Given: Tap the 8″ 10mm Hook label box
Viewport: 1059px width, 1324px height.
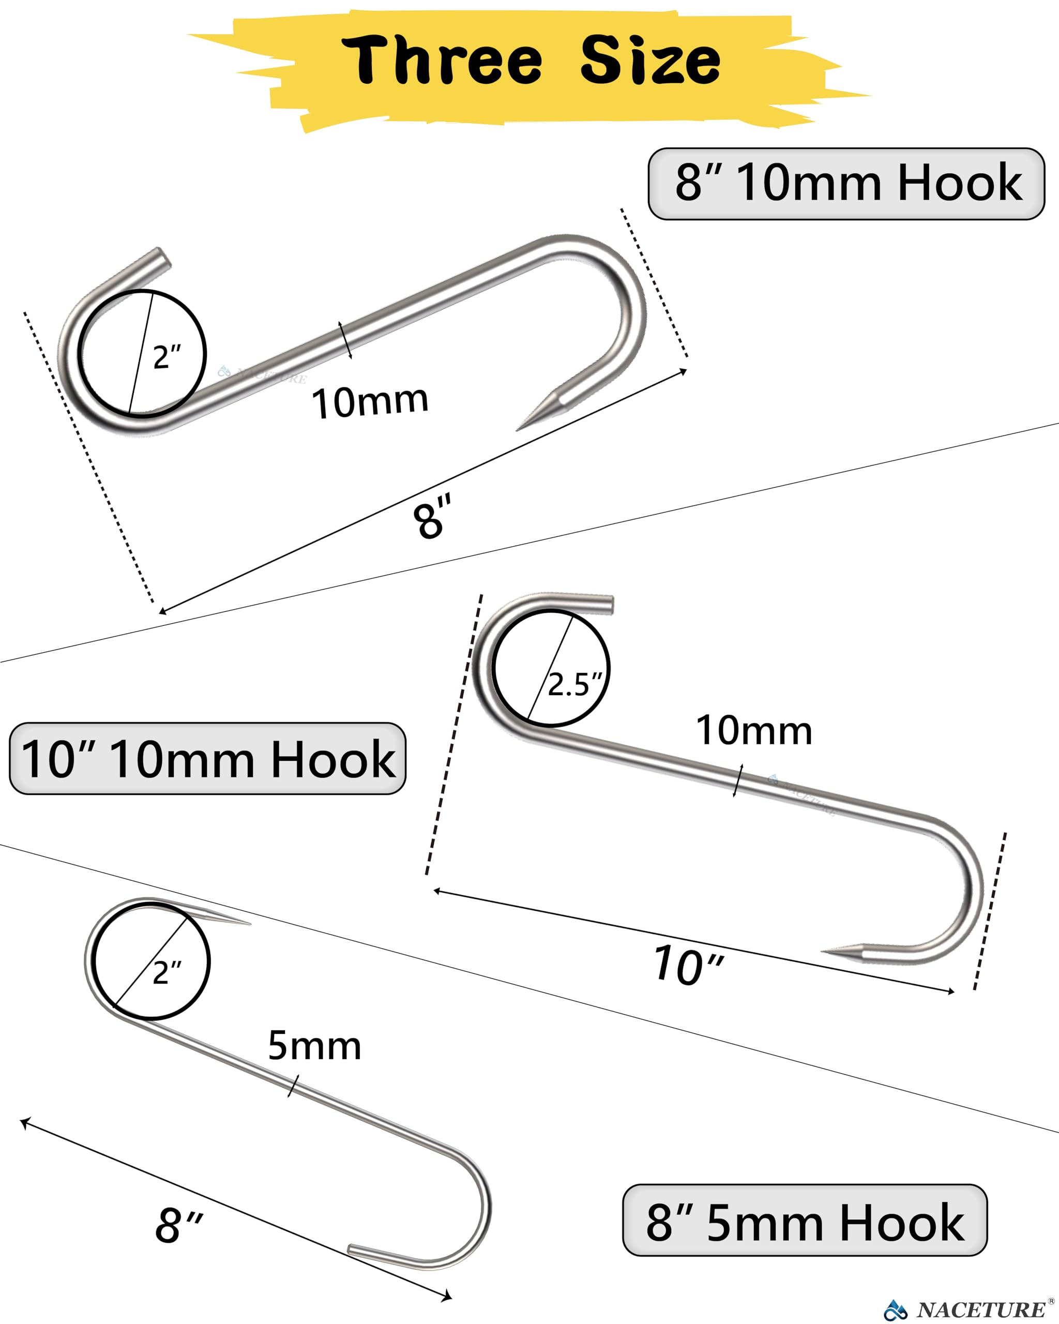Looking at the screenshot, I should [x=846, y=183].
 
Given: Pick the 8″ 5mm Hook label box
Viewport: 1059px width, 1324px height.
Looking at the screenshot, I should [x=805, y=1222].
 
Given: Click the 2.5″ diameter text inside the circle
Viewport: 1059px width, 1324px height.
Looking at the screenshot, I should [x=574, y=684].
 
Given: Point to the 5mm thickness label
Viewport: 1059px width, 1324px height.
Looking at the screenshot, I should [x=314, y=1045].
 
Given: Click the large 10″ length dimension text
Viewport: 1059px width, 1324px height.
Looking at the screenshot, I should [x=688, y=966].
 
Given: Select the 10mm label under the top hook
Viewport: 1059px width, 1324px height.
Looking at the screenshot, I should [x=370, y=402].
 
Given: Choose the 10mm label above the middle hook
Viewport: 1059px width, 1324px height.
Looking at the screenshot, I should [x=754, y=731].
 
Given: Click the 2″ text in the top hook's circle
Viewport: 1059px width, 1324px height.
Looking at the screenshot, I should [x=167, y=357].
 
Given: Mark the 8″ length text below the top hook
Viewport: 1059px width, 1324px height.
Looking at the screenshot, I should [x=432, y=517].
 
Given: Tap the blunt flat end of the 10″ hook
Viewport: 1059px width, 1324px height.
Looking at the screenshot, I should [x=609, y=604].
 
